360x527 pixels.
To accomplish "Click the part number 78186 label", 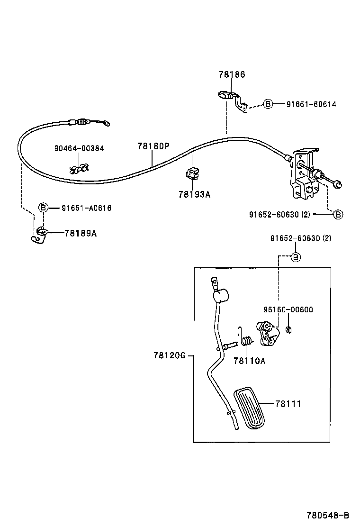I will [x=232, y=74].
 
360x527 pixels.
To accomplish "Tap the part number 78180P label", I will [x=153, y=146].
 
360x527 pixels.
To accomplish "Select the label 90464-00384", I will [x=79, y=148].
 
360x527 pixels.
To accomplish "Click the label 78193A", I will [x=194, y=194].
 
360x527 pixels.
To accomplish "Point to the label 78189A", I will [x=81, y=233].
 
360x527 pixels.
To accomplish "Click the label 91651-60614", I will [x=311, y=104].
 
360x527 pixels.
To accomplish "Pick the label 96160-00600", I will [x=288, y=310].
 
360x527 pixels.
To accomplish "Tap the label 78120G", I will [x=169, y=355].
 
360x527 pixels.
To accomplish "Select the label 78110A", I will [x=249, y=361].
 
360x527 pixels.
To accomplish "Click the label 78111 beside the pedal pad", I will [x=288, y=404].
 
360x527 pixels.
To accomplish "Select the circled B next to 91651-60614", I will [x=268, y=104].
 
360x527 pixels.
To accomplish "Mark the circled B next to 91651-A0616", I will [x=43, y=208].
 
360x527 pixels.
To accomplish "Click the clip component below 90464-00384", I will [x=79, y=168].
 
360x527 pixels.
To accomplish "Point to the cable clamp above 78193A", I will [x=192, y=174].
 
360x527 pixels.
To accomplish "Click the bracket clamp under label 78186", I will [x=232, y=100].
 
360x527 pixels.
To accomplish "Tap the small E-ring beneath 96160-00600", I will [x=288, y=330].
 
